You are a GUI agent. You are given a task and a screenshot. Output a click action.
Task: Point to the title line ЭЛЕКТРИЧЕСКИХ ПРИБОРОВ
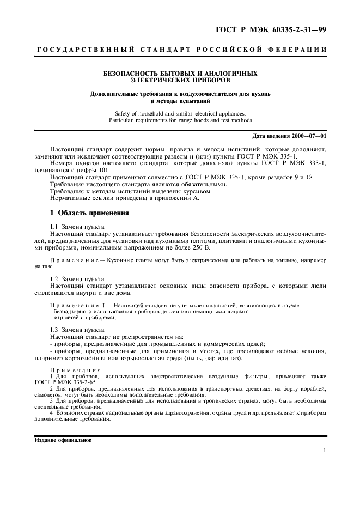pyautogui.click(x=180, y=80)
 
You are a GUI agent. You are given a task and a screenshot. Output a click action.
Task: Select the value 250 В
pyautogui.click(x=203, y=247)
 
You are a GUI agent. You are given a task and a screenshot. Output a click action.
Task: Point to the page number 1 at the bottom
pyautogui.click(x=324, y=451)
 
